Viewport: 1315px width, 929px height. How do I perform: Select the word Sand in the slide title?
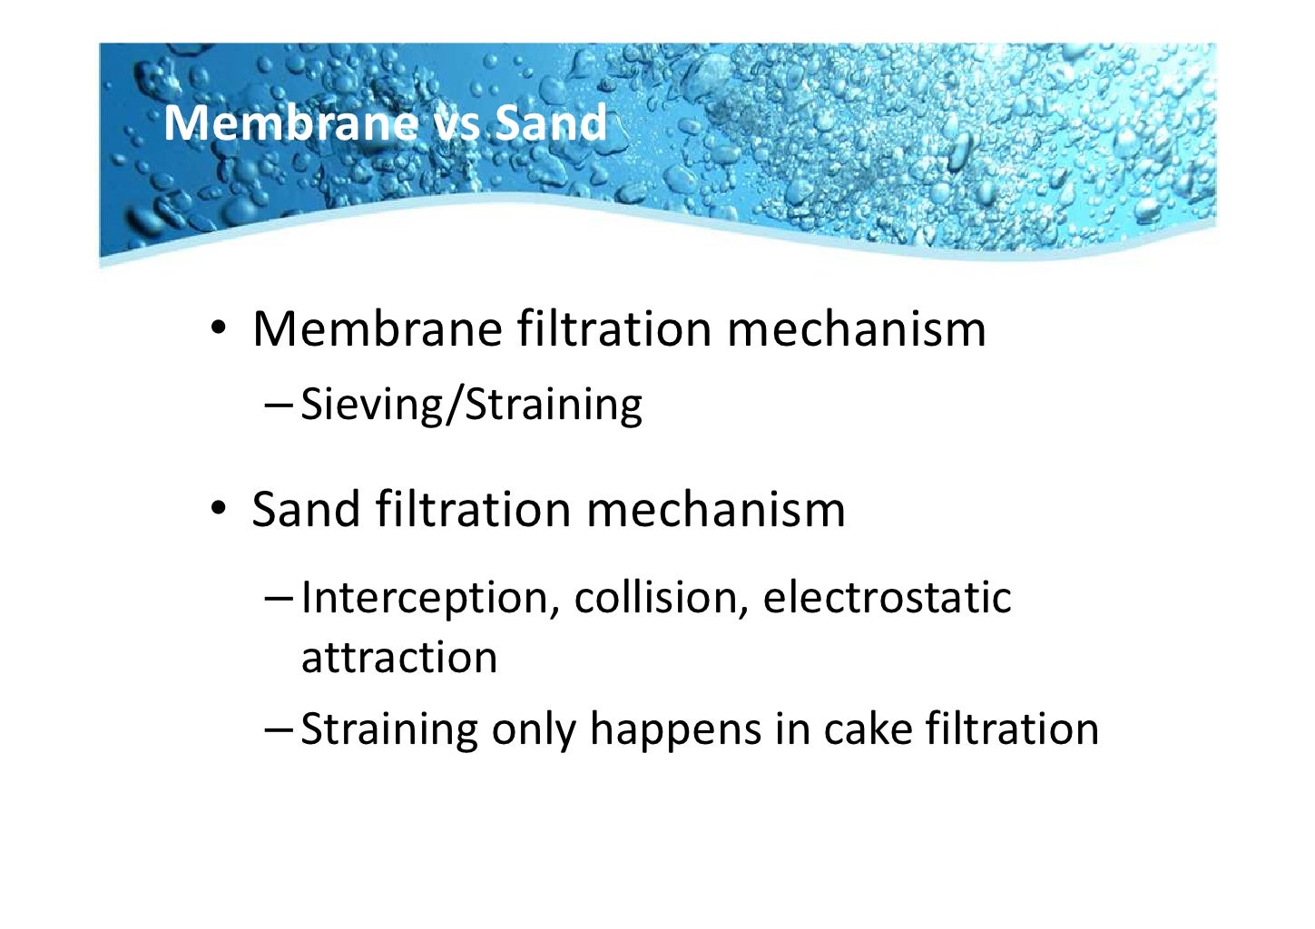tap(550, 122)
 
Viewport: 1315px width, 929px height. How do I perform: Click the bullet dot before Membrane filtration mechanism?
tap(218, 330)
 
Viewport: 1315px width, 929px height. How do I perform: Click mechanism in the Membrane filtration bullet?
tap(856, 328)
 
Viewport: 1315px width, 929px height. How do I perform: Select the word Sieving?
tap(368, 405)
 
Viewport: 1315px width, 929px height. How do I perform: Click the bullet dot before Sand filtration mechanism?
tap(218, 511)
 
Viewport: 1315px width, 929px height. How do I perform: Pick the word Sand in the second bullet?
tap(305, 509)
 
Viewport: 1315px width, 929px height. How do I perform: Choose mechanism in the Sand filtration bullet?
tap(715, 509)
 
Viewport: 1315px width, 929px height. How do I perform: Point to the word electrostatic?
tap(886, 597)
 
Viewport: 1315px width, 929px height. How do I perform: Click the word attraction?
tap(399, 657)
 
